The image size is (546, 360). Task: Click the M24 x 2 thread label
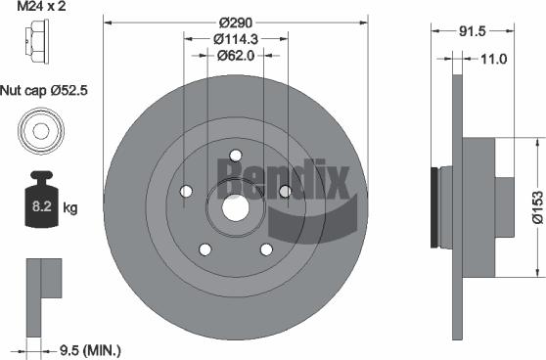point(40,9)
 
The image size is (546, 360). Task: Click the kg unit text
point(70,208)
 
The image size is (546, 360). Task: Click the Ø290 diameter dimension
point(235,21)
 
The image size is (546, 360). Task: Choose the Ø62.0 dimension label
point(235,56)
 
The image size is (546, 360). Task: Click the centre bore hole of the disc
point(235,206)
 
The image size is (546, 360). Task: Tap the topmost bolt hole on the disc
point(235,155)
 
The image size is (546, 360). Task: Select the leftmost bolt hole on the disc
point(186,191)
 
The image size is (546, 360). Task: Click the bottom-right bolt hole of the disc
point(265,249)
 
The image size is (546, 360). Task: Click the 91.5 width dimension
point(474,30)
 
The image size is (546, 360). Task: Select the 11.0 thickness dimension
point(492,59)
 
